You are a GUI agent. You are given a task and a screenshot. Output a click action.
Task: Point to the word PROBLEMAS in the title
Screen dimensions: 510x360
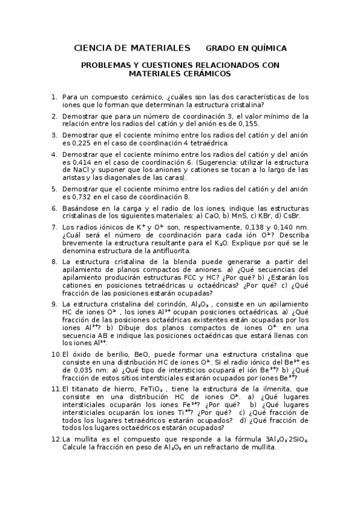tap(106, 64)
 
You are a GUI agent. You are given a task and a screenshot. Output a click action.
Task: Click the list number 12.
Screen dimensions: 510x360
tap(56, 440)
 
